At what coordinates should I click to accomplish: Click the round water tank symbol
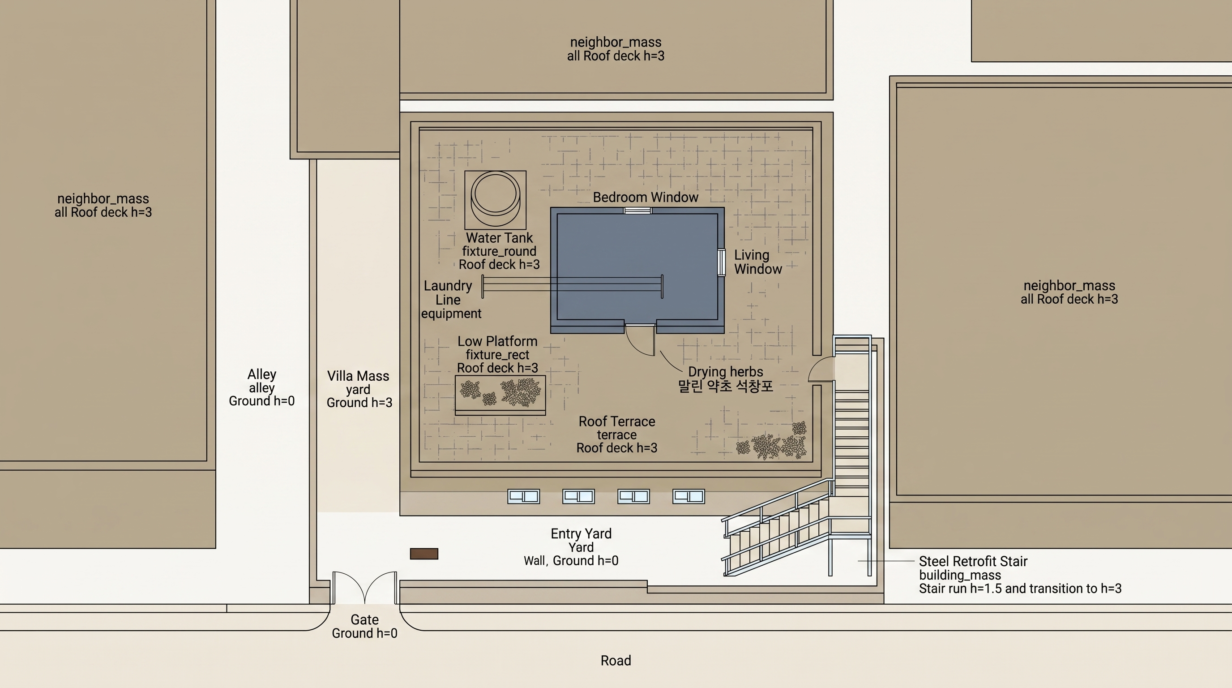[x=496, y=199]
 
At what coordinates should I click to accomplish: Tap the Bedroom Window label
[x=645, y=197]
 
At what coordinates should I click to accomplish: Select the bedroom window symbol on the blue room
[x=637, y=211]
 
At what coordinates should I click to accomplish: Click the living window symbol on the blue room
[x=721, y=262]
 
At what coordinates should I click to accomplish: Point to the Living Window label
[x=758, y=262]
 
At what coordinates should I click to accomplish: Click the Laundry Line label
[x=448, y=293]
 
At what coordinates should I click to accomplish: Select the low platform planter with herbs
[x=500, y=395]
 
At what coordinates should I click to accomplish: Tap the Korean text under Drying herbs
[x=726, y=386]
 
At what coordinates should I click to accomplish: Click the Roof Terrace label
[x=617, y=421]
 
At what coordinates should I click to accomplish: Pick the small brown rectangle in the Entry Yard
[x=424, y=554]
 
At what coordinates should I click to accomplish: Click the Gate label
[x=364, y=619]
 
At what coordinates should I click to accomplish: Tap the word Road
[x=616, y=661]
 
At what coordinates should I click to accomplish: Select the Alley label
[x=261, y=374]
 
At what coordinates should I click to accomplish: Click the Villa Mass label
[x=358, y=376]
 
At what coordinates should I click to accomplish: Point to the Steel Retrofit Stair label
[x=973, y=561]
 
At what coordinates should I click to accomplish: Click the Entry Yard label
[x=581, y=533]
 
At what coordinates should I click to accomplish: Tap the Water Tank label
[x=499, y=238]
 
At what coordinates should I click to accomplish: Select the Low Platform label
[x=497, y=341]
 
